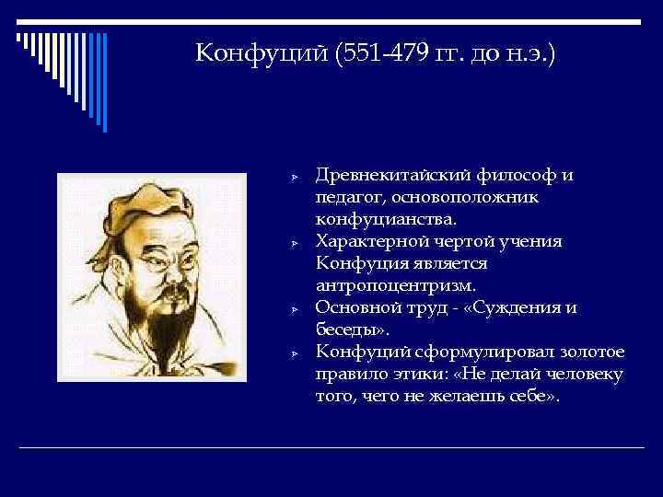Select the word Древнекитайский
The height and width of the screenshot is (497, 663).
(392, 176)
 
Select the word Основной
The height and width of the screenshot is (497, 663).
(355, 308)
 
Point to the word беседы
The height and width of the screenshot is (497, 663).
(343, 330)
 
